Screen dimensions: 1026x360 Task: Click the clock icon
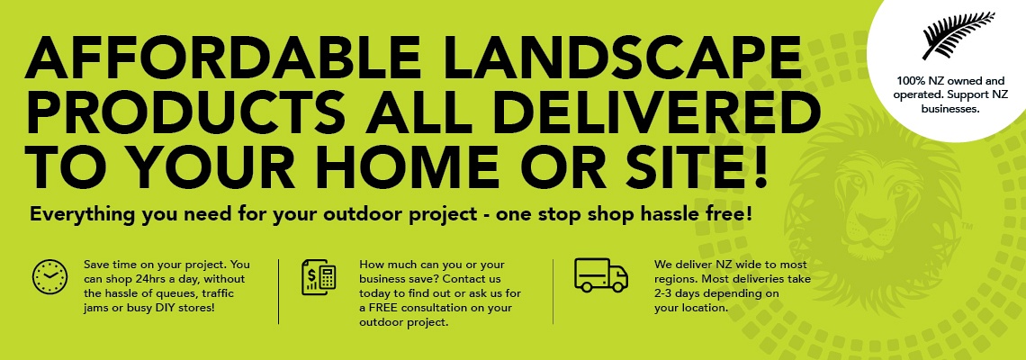49,277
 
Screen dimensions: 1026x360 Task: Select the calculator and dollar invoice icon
319,277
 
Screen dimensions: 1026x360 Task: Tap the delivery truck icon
600,274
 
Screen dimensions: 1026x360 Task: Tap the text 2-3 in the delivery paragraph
664,293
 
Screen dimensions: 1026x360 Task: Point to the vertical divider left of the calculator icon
279,292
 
